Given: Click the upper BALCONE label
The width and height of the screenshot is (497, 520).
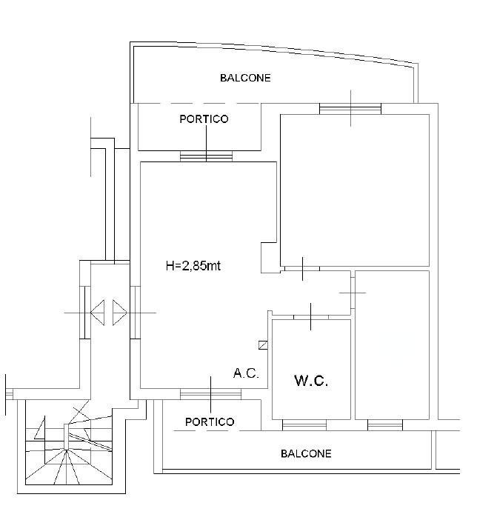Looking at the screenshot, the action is coord(245,78).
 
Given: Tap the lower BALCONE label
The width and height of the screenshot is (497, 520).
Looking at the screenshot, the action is coord(306,453).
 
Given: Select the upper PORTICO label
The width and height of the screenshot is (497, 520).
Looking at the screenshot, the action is coord(204,119).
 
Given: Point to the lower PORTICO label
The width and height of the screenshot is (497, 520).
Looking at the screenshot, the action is coord(210,421).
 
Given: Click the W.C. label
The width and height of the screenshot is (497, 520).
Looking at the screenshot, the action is coord(311,381).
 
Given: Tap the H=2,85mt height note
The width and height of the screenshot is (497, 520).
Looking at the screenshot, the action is coord(193,266).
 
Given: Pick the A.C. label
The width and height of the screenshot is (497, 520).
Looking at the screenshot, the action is coord(246,373).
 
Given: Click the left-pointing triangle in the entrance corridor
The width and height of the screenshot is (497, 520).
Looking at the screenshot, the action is coord(98,313).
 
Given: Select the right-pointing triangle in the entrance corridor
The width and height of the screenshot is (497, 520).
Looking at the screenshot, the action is coord(120,313).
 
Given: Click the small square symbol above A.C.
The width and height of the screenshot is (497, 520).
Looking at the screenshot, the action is coord(263,345).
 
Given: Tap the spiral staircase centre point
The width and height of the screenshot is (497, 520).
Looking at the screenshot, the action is coord(67,450).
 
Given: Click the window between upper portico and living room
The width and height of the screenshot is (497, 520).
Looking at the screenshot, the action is coord(206,156).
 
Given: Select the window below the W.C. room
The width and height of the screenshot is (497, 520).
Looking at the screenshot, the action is coord(304,425).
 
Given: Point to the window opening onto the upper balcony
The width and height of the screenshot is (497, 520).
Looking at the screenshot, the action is coord(350,109).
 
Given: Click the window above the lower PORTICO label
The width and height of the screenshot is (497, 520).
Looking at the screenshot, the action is coord(210,394).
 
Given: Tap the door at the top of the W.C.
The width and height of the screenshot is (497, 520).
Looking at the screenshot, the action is coord(311,317).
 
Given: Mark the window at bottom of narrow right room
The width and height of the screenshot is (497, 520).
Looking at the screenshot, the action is coord(385,425).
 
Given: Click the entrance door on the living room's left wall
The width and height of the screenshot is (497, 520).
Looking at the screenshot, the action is coord(135,313).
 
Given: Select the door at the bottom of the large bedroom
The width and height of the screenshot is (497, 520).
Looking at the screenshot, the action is coord(302,269).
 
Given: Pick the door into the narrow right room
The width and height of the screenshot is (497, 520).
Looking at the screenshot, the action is coord(353,293).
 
